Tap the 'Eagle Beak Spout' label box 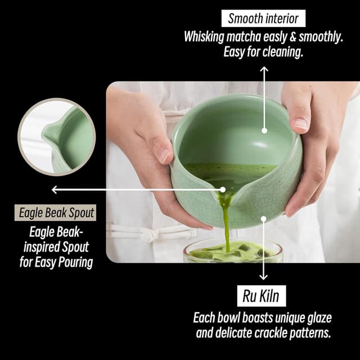(56, 213)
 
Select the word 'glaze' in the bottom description (316, 317)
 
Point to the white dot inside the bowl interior (264, 131)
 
